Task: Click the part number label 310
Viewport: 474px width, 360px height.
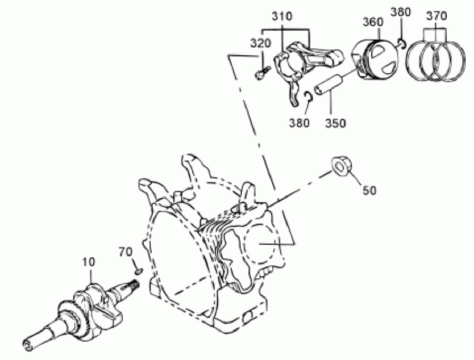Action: click(282, 16)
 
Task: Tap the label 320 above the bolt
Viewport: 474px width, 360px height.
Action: click(260, 44)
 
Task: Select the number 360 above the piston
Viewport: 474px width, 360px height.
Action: click(373, 22)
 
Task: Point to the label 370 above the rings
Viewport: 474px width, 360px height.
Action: click(436, 16)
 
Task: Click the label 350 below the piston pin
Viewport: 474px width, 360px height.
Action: click(335, 123)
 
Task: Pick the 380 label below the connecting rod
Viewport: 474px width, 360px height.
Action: click(299, 123)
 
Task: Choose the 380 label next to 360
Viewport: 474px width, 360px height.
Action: click(401, 12)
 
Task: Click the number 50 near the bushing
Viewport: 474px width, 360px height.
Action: click(369, 191)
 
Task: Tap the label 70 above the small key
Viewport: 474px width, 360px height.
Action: click(125, 252)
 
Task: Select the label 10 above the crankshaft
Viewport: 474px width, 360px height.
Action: click(88, 262)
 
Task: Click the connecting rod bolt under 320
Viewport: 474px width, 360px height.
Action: click(262, 73)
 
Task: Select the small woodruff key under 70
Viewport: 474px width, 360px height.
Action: click(139, 272)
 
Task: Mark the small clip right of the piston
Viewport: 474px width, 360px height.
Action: click(401, 43)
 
